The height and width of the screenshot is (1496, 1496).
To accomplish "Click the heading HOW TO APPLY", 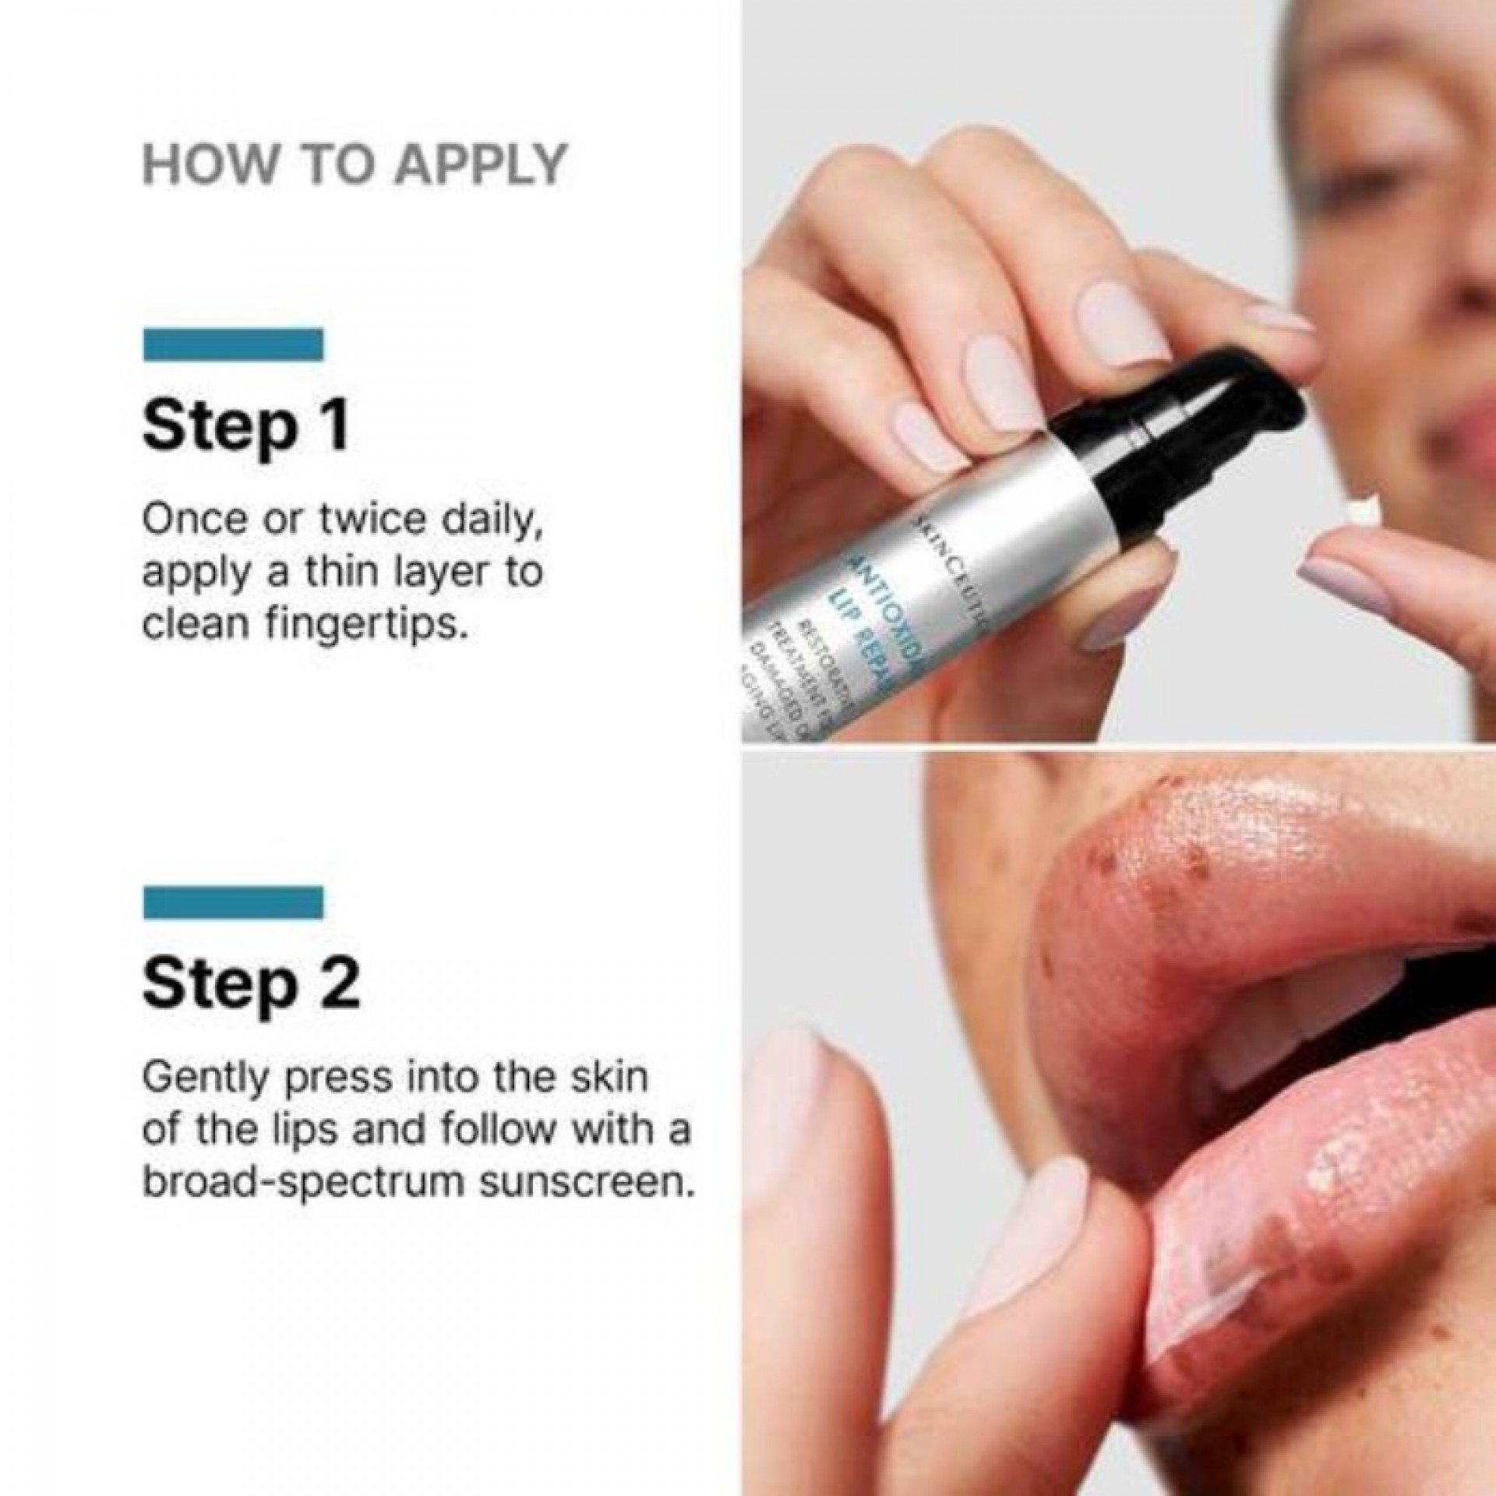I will (355, 164).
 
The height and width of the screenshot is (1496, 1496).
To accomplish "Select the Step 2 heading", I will (251, 984).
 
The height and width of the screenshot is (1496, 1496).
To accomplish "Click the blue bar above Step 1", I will (234, 344).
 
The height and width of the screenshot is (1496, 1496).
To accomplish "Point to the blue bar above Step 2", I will (234, 901).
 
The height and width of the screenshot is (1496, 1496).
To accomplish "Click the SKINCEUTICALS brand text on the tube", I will (944, 550).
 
